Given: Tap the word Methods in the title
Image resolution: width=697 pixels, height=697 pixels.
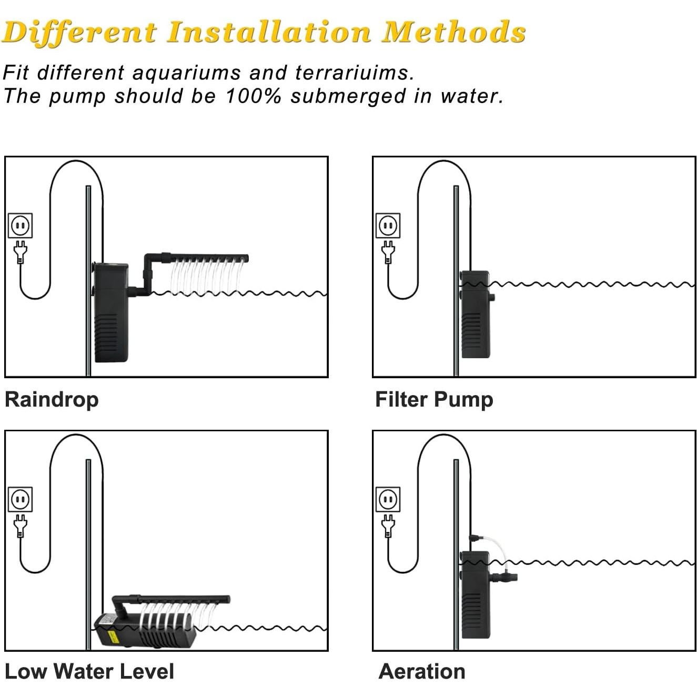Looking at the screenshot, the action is coord(453,33).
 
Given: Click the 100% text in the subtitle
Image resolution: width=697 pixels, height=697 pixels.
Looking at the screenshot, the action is coord(253,96).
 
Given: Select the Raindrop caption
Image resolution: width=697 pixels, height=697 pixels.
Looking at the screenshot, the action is coord(52,400).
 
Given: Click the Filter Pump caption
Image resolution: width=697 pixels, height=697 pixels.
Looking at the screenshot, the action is coord(434,400).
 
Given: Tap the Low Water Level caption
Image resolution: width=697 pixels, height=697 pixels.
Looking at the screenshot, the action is coord(89,671).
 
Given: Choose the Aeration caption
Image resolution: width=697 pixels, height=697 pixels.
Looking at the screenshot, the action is coord(422,671).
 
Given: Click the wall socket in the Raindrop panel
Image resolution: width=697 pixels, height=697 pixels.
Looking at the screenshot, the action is coord(21,226).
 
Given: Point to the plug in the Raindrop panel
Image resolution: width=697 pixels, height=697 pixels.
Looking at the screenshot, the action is coord(21,252).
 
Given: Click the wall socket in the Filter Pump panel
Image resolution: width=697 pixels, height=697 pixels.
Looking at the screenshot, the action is coord(388,226).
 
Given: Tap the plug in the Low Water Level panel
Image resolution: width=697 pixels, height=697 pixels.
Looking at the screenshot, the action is coord(21,526).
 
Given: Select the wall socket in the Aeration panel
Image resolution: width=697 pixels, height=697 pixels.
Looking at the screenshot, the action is coord(388,500).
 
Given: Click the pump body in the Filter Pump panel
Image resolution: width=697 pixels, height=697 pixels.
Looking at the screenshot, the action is coord(476,314).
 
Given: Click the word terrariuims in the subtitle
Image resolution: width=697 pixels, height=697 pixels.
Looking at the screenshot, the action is coord(355,73).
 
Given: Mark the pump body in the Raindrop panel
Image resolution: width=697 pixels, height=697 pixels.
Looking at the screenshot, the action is coord(110,312).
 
